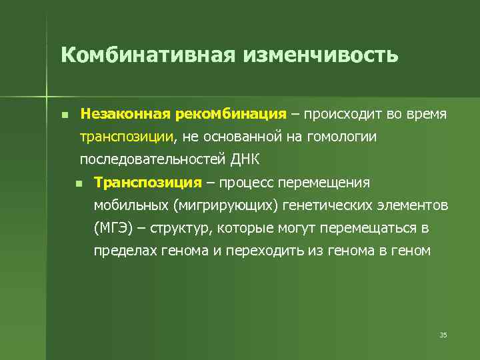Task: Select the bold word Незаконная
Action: point(125,114)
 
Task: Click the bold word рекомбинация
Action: point(231,114)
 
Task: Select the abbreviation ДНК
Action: point(245,160)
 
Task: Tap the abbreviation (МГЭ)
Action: point(113,229)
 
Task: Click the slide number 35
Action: point(443,335)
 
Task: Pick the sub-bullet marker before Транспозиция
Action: point(78,183)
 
